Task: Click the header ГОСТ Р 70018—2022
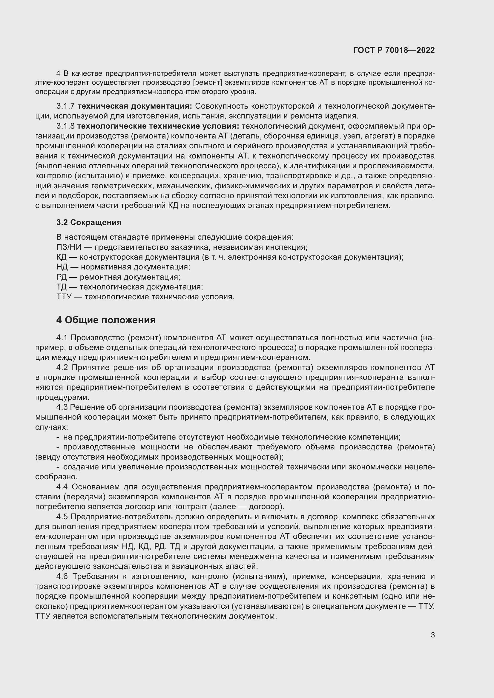pos(394,50)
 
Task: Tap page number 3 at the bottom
pos(432,635)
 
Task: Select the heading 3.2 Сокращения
pos(89,222)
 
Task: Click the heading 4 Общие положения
pos(106,320)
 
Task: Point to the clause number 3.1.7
pos(65,106)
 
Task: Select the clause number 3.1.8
pos(65,126)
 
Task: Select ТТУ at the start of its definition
pos(64,297)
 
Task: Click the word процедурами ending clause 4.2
pos(62,397)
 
